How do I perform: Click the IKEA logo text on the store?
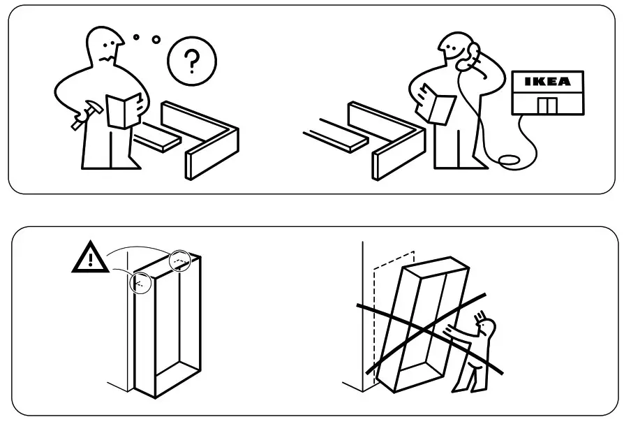[x=547, y=81]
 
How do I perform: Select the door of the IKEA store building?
[x=547, y=105]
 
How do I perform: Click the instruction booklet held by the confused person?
[x=124, y=110]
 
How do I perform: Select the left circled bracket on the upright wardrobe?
[x=140, y=282]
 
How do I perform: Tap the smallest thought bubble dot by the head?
[x=137, y=36]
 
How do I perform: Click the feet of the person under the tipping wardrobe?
[x=463, y=386]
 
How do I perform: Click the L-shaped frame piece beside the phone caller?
[x=391, y=140]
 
